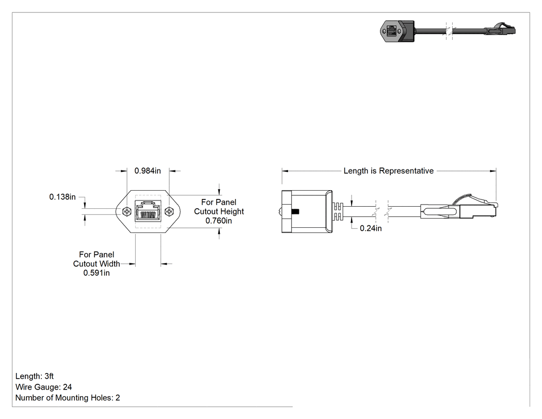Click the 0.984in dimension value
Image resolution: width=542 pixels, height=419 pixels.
148,170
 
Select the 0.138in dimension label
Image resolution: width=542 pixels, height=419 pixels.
62,197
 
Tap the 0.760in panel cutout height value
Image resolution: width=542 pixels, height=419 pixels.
219,221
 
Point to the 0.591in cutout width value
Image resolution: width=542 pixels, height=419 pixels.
97,273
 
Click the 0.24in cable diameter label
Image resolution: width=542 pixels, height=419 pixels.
371,228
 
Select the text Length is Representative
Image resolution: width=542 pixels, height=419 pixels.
389,171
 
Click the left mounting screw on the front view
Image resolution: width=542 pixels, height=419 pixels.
127,211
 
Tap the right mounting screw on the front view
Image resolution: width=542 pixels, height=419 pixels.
169,211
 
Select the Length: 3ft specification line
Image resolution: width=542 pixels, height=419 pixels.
35,376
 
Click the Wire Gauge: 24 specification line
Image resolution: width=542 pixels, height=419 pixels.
43,387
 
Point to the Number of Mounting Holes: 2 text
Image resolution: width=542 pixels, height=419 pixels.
68,397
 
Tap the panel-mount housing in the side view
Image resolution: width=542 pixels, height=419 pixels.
307,211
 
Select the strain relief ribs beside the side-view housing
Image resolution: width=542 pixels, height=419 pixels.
338,211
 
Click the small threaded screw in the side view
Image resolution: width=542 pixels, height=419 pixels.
295,211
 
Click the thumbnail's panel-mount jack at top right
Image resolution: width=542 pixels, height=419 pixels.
397,31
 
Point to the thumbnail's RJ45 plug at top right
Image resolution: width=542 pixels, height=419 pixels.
501,30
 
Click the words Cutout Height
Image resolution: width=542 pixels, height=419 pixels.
219,211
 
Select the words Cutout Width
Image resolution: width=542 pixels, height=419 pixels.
97,263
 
